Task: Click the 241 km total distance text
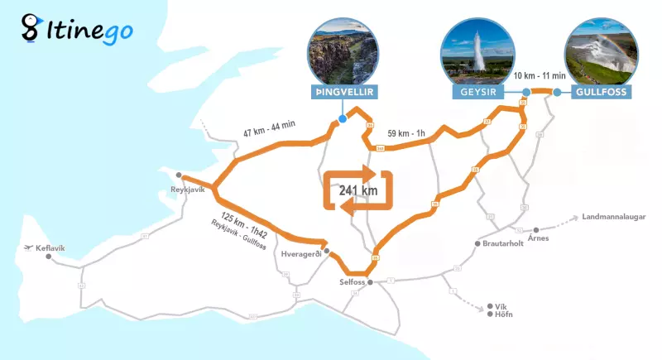(357, 190)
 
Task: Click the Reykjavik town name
(187, 189)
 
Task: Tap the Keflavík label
(50, 247)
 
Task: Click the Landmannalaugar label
(612, 218)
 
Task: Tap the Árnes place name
(538, 238)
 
